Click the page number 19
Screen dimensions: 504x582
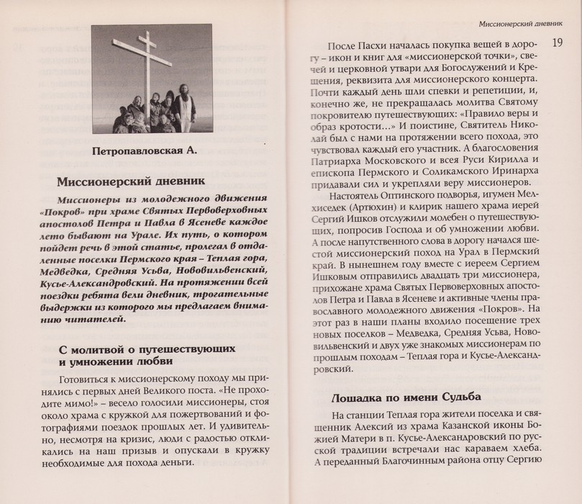pyautogui.click(x=558, y=43)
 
